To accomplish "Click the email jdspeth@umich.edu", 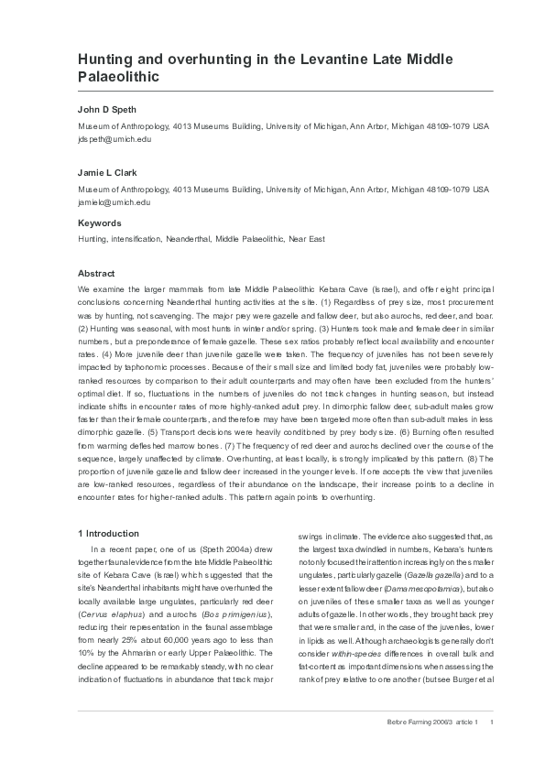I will pos(114,138).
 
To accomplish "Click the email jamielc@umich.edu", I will pos(114,201).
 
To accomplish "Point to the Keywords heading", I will pos(99,223).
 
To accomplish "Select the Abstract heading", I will pos(96,274).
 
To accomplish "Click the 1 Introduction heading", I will pos(109,533).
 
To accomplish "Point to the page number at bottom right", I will pos(493,722).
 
